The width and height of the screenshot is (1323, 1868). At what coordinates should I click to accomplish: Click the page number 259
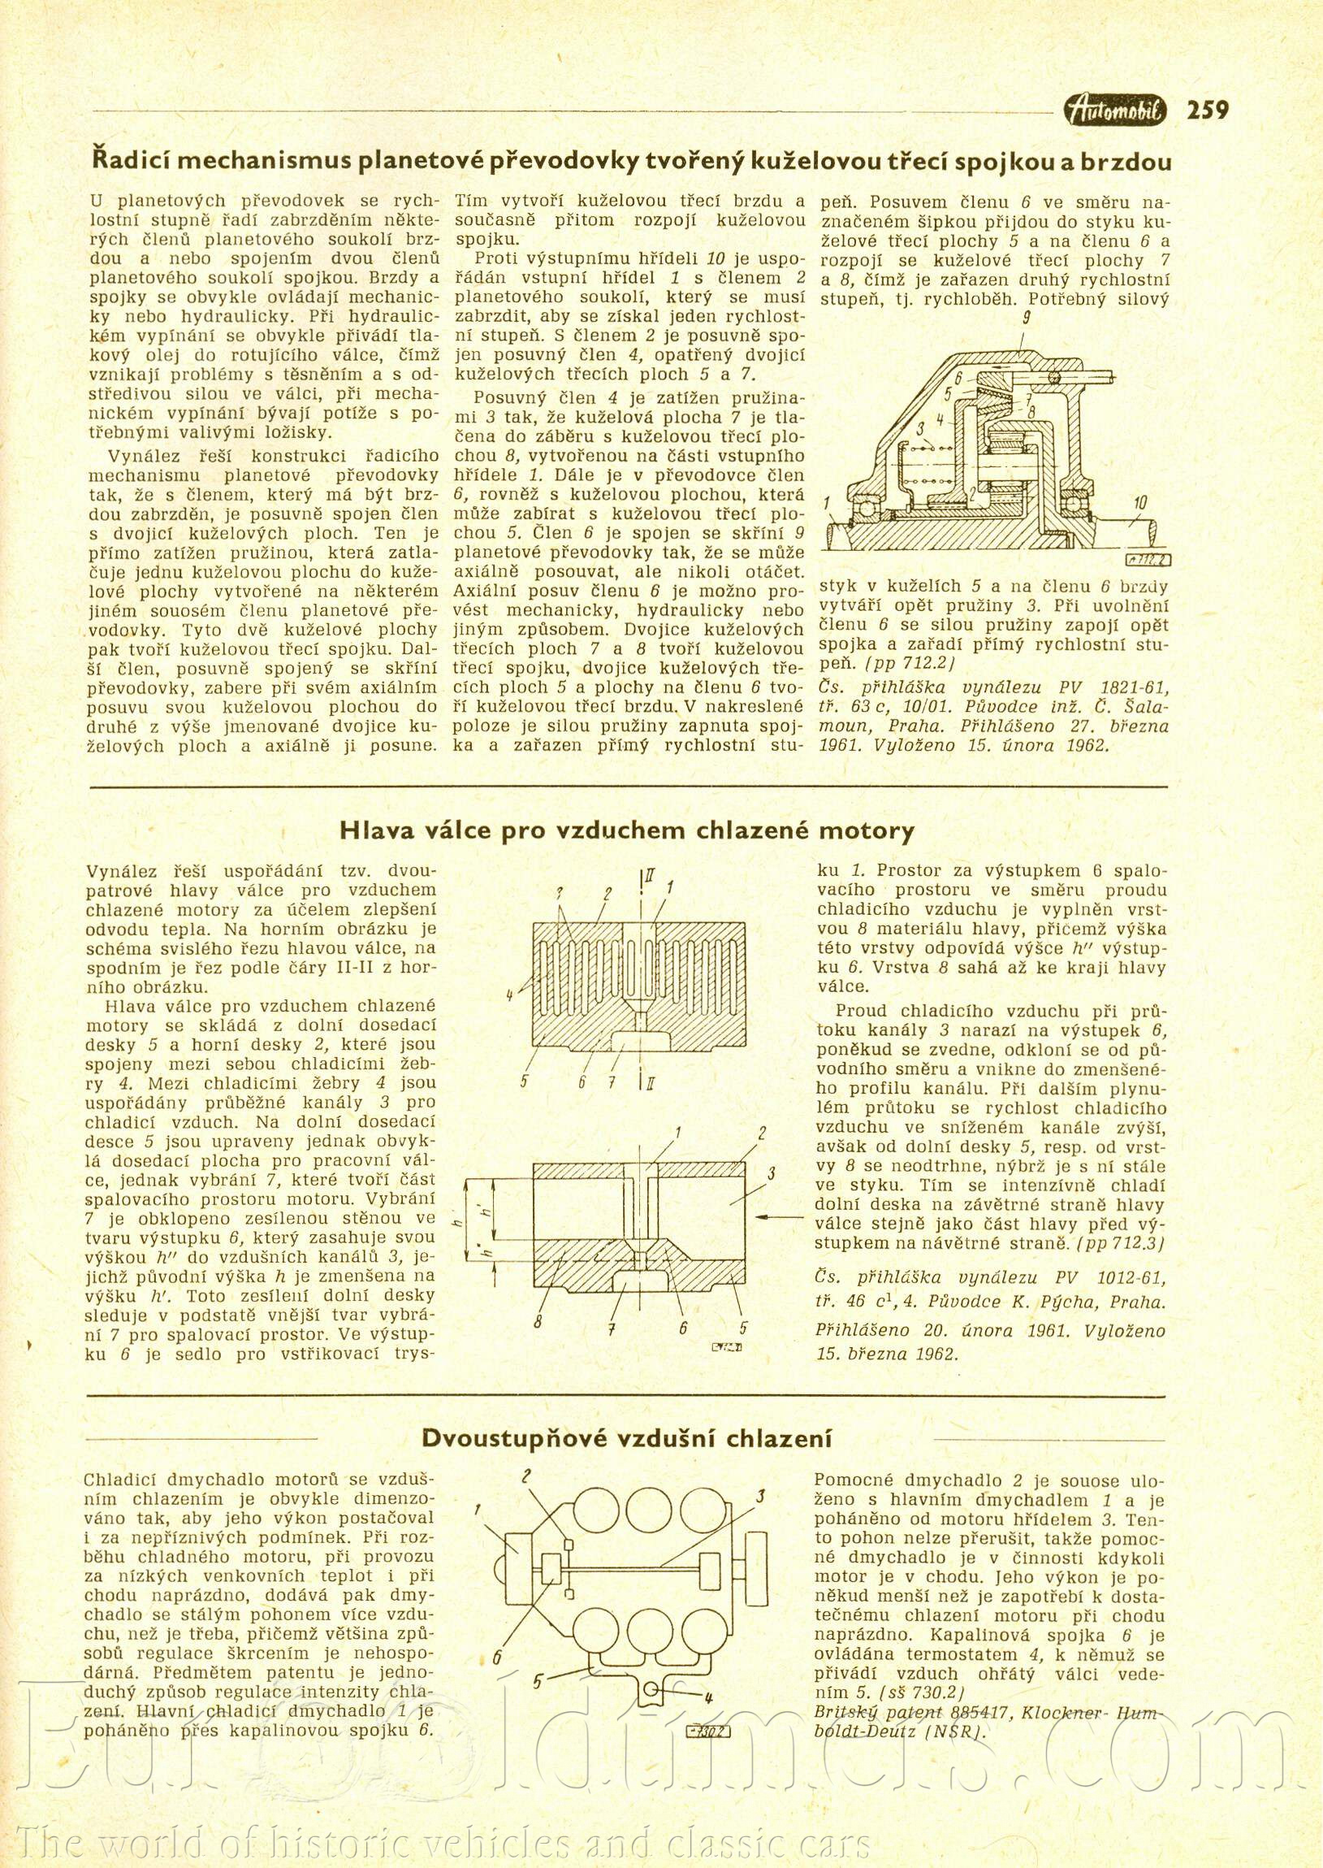pos(1208,109)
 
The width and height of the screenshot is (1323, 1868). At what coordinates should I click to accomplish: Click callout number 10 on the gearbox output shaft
pos(1140,504)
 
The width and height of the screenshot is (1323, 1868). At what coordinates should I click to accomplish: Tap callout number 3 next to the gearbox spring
pos(919,427)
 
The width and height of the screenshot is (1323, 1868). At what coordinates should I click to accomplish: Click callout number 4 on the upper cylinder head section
pos(509,995)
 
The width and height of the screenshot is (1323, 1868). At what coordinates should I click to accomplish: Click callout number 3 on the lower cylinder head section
pos(770,1173)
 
